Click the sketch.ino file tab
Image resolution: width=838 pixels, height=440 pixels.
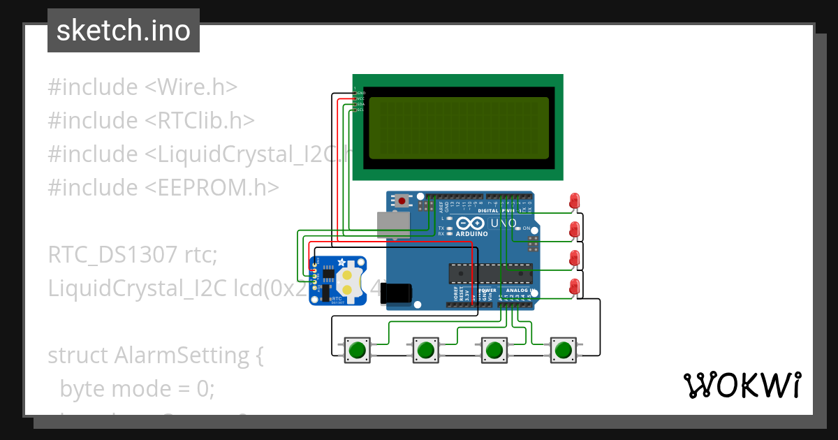tap(123, 31)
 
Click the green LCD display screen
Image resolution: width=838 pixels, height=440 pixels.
tap(458, 127)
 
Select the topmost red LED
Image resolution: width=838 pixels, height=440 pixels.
tap(575, 200)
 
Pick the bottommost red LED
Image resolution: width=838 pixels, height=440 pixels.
tap(575, 286)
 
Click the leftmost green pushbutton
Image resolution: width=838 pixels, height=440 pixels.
tap(358, 349)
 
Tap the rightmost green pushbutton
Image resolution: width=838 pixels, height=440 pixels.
tap(564, 349)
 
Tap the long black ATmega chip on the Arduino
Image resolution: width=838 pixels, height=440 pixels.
tap(489, 274)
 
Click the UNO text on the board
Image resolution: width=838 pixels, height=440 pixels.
tap(503, 223)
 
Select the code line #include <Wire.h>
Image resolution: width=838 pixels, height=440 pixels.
tap(142, 87)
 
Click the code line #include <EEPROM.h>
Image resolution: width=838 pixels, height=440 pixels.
tap(163, 188)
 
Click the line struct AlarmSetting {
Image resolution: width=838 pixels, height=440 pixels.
tap(155, 355)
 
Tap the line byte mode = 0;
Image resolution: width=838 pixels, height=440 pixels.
tap(137, 388)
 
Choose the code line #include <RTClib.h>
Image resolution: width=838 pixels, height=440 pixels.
tap(151, 121)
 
